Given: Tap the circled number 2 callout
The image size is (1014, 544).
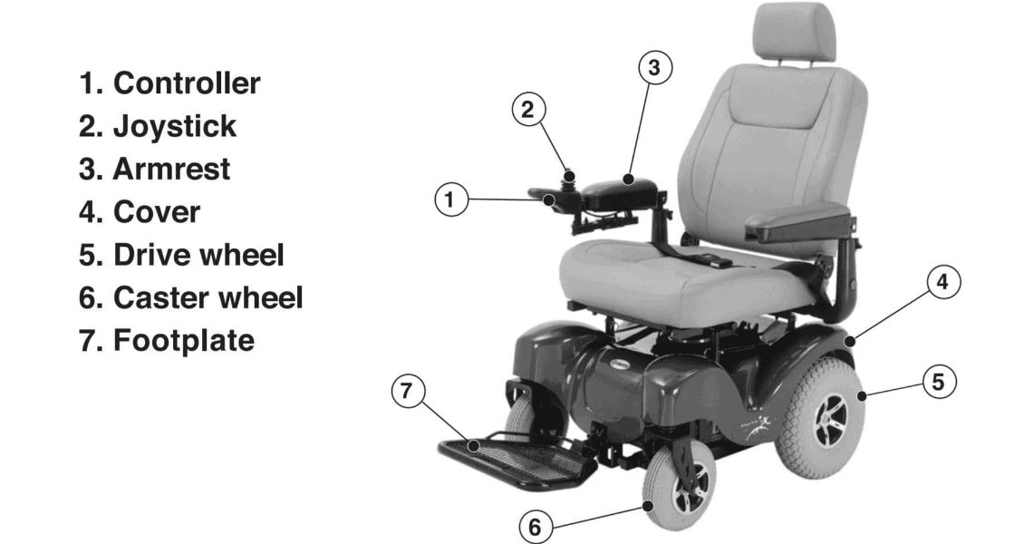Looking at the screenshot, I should click(x=529, y=110).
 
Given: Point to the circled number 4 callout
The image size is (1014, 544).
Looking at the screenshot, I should click(x=942, y=282).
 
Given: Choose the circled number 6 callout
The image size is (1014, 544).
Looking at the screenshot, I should click(x=536, y=526).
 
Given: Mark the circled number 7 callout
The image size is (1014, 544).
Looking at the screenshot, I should click(x=408, y=392).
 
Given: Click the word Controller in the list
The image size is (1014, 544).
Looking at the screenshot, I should click(x=186, y=83).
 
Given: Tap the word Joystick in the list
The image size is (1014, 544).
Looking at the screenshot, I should click(x=174, y=126).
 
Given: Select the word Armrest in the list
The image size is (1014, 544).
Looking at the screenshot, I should click(x=171, y=169).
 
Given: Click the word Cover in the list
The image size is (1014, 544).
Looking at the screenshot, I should click(x=156, y=212).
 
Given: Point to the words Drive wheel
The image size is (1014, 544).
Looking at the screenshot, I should click(x=198, y=255).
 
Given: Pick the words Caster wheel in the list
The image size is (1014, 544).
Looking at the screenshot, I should click(x=208, y=297).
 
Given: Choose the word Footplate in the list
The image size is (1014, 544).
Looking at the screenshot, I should click(x=183, y=341).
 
